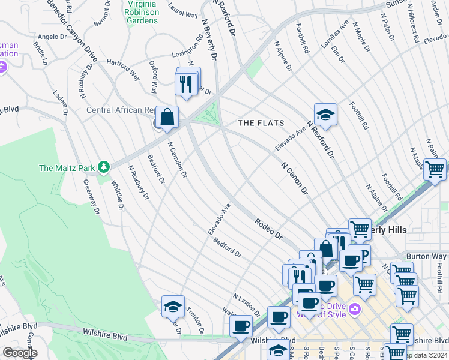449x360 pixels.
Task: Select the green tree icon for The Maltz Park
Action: point(104,166)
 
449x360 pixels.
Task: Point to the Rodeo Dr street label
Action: point(268,229)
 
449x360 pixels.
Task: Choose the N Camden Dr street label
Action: point(177,160)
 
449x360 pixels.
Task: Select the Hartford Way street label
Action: point(123,69)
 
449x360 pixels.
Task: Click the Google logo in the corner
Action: point(19,353)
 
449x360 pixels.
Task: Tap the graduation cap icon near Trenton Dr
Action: point(173,307)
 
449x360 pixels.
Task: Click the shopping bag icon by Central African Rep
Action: point(168,117)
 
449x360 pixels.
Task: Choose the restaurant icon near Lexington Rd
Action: point(187,82)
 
